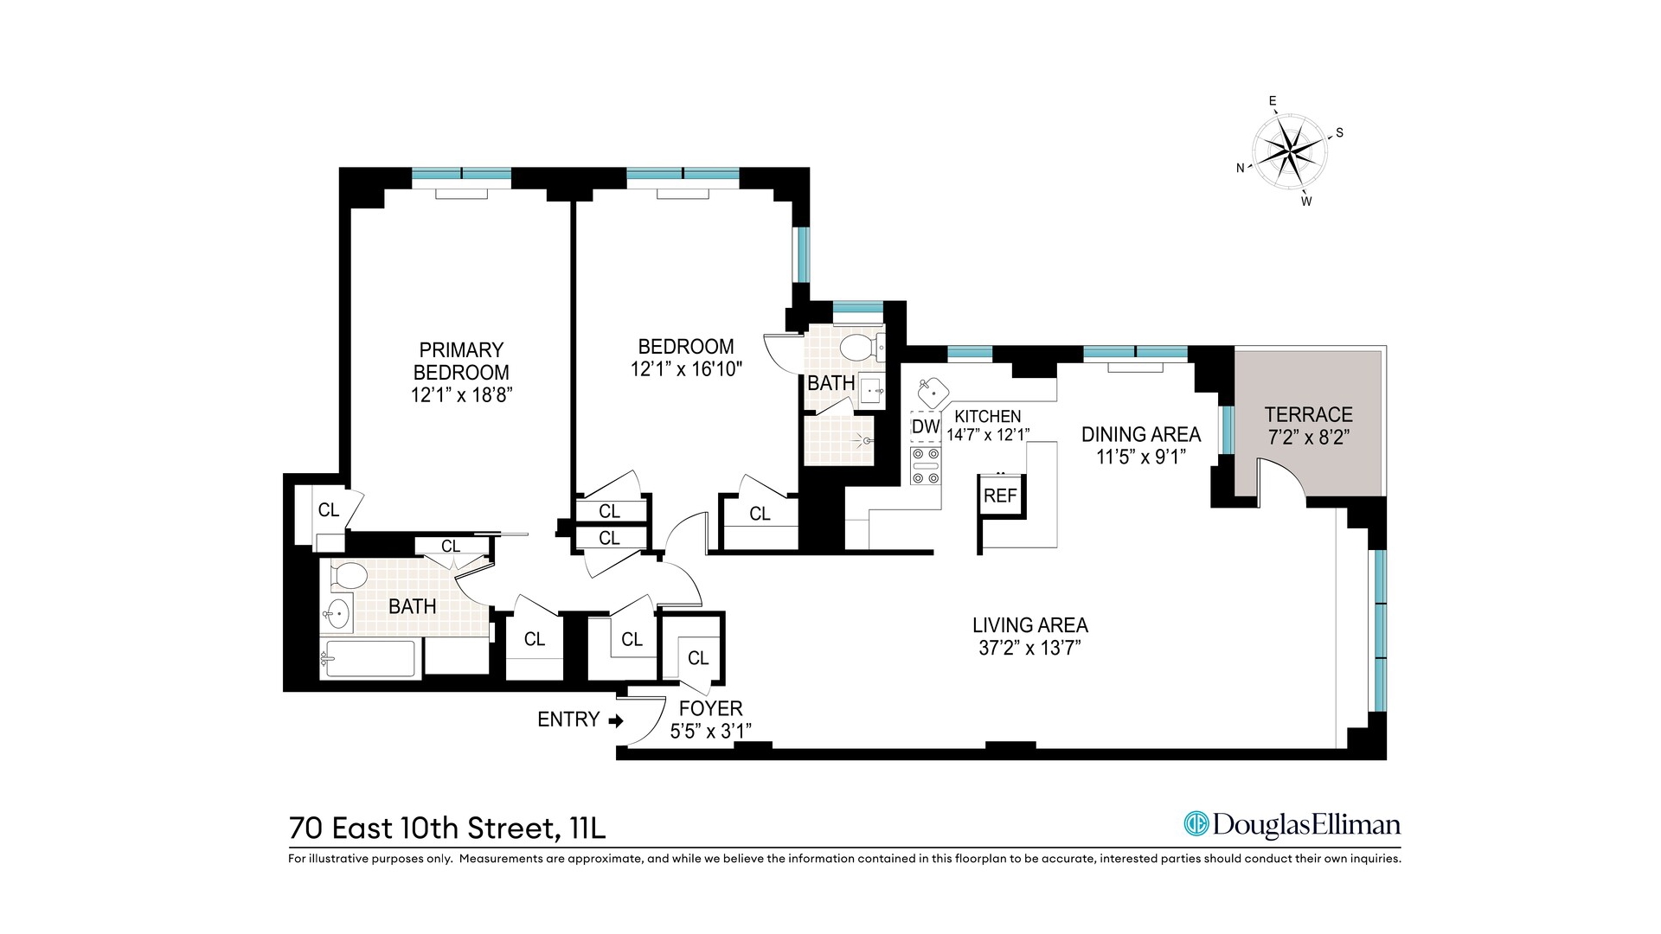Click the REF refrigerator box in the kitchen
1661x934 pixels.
pyautogui.click(x=1001, y=496)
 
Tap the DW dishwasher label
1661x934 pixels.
pyautogui.click(x=925, y=426)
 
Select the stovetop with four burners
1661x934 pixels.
pyautogui.click(x=925, y=466)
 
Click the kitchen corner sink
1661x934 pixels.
pyautogui.click(x=933, y=393)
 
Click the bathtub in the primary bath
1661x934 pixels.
pyautogui.click(x=369, y=660)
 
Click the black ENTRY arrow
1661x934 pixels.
pyautogui.click(x=616, y=720)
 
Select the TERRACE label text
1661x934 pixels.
pyautogui.click(x=1308, y=414)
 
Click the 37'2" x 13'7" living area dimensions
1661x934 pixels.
pyautogui.click(x=1029, y=648)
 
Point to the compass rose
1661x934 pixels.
pyautogui.click(x=1290, y=151)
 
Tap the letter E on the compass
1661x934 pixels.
pyautogui.click(x=1273, y=101)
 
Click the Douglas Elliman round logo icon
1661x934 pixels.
pyautogui.click(x=1196, y=824)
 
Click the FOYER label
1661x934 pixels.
pyautogui.click(x=710, y=708)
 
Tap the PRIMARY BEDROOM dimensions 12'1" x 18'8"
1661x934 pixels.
pyautogui.click(x=461, y=395)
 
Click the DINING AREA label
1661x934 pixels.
pyautogui.click(x=1140, y=434)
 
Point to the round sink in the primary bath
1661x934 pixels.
pyautogui.click(x=337, y=614)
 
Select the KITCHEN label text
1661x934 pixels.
pyautogui.click(x=987, y=416)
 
